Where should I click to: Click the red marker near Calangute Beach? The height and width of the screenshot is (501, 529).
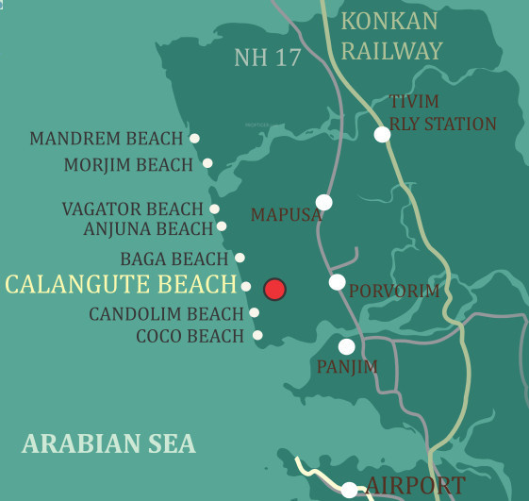point(274,289)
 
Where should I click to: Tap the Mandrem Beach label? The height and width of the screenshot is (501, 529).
point(106,139)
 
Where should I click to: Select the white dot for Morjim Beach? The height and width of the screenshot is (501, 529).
point(207,163)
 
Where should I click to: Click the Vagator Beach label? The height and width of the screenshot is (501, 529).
point(132,209)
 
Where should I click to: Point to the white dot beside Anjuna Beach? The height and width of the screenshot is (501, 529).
point(222,226)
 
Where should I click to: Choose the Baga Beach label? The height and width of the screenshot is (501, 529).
point(174,259)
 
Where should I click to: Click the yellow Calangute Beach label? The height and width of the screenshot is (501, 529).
point(121,284)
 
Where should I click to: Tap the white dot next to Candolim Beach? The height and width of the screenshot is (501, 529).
point(254,312)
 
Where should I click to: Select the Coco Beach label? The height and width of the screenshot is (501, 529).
point(190,336)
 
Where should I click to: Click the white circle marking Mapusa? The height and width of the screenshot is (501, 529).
point(324,202)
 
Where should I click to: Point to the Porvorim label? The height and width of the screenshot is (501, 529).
point(394,292)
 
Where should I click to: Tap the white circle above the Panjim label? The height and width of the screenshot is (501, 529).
point(347,346)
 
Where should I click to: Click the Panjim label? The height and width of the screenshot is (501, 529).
point(347,367)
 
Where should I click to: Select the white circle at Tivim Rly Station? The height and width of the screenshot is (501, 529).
point(382,134)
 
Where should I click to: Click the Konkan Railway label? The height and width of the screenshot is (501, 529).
point(390,36)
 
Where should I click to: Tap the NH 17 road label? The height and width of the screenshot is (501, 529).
point(267,58)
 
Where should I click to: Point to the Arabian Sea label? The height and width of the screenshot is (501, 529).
point(108,443)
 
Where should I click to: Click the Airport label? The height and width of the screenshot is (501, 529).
point(415,486)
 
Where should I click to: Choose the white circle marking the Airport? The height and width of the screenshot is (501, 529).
point(349,490)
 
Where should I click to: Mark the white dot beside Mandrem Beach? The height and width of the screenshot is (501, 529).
point(194,138)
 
